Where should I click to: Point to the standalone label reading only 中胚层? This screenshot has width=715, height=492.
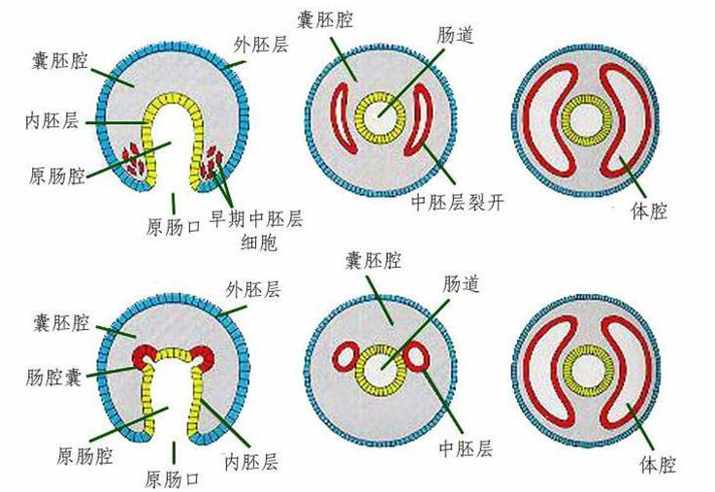coord(465,447)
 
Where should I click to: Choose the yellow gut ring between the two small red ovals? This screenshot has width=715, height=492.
coord(380,369)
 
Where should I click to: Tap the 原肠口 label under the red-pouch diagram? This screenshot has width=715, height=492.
coord(173,478)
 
